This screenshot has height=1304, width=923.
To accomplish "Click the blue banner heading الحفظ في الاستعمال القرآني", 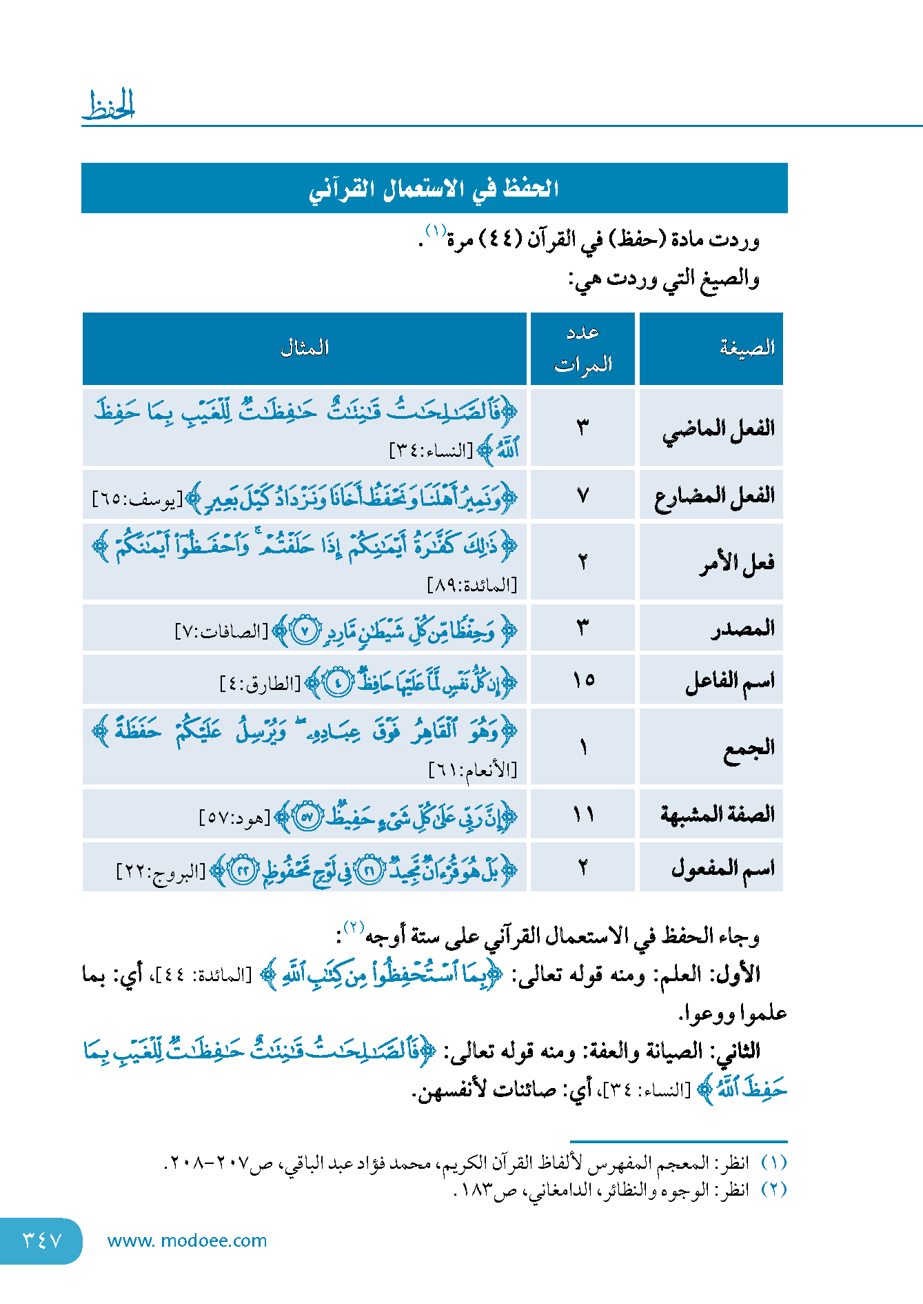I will pos(434,188).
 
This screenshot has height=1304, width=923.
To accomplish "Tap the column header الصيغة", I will pos(747,348).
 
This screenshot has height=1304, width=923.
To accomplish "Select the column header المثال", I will pos(304,348).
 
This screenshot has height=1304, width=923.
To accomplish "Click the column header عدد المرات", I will pos(583,348).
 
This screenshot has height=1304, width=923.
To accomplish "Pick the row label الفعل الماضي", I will pos(718,429).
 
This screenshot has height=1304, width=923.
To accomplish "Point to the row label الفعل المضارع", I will pos(715,495).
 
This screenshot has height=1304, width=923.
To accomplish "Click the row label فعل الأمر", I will pos(737,563).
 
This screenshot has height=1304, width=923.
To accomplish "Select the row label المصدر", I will pos(743,629).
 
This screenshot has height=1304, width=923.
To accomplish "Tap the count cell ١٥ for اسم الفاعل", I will pos(583,680).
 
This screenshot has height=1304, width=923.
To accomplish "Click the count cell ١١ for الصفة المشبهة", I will pos(583,815).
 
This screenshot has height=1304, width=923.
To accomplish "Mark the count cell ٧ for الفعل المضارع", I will pos(583,495).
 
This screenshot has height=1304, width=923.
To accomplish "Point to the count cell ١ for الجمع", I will pos(583,747).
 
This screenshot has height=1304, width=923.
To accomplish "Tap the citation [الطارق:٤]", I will pos(261,684).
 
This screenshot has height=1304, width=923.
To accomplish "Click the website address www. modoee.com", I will pos(187,1241).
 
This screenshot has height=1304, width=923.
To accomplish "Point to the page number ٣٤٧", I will pos(42,1241).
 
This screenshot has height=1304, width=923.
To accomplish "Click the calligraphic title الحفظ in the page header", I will pos(109,106).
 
